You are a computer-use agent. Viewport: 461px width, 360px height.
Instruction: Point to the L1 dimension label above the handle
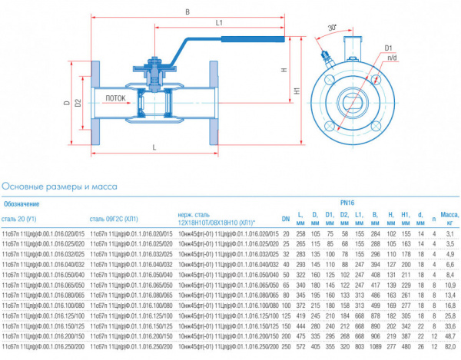[220, 24]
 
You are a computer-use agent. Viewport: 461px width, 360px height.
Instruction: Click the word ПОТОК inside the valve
[116, 99]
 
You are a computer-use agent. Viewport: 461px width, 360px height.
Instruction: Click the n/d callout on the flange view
[392, 58]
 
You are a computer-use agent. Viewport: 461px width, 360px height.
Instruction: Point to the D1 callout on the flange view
[390, 48]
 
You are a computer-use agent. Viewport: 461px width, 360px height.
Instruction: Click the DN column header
[286, 217]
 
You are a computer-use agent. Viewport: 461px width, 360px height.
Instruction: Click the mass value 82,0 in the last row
[449, 347]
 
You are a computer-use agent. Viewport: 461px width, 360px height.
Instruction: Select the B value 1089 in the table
[375, 347]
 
